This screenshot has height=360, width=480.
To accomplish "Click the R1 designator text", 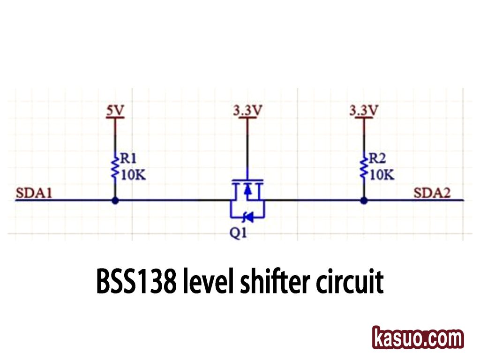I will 130,158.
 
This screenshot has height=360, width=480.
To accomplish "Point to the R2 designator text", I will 378,158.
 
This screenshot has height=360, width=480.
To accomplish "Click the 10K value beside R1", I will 133,175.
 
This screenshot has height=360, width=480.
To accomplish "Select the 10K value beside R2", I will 382,175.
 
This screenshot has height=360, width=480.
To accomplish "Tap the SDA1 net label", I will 33,193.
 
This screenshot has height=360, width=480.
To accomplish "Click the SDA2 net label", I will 432,193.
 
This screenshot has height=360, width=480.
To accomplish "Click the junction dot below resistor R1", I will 115,201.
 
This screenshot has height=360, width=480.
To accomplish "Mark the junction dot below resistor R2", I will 363,201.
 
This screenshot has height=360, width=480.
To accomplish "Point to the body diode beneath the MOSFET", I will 247,217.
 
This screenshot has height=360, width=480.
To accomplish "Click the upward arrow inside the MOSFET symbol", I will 247,189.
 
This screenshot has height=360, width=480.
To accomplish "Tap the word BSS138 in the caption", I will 136,281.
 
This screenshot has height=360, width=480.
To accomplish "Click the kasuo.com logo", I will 418,337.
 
